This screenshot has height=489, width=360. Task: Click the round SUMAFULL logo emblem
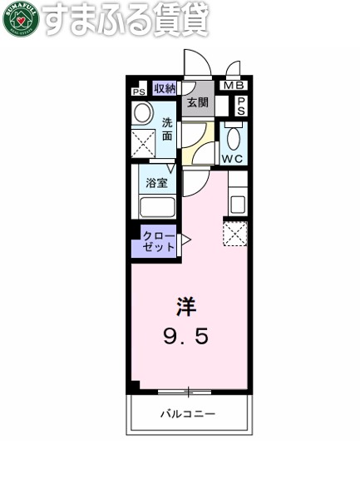pos(20,20)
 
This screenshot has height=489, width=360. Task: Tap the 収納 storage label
pos(165,89)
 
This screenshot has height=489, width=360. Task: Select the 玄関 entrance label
pos(197,103)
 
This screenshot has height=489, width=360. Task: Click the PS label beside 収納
pos(138,91)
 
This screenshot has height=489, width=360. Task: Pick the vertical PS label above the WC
pos(241,105)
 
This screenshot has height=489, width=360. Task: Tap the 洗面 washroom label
pos(167,130)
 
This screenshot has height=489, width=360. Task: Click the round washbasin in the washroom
pos(143,113)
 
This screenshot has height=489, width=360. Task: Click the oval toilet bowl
pos(234,136)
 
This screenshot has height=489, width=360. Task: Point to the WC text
pos(232,158)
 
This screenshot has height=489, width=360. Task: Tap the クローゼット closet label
pos(158,241)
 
